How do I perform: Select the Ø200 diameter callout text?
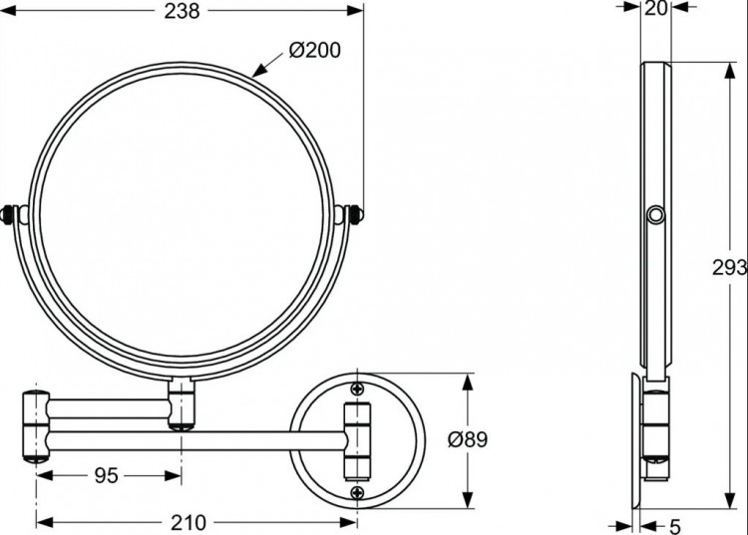click(x=313, y=50)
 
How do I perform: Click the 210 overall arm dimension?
click(x=187, y=522)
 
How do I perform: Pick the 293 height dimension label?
click(x=728, y=266)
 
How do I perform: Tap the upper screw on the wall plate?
click(x=357, y=391)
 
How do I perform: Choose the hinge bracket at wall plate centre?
click(x=357, y=440)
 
